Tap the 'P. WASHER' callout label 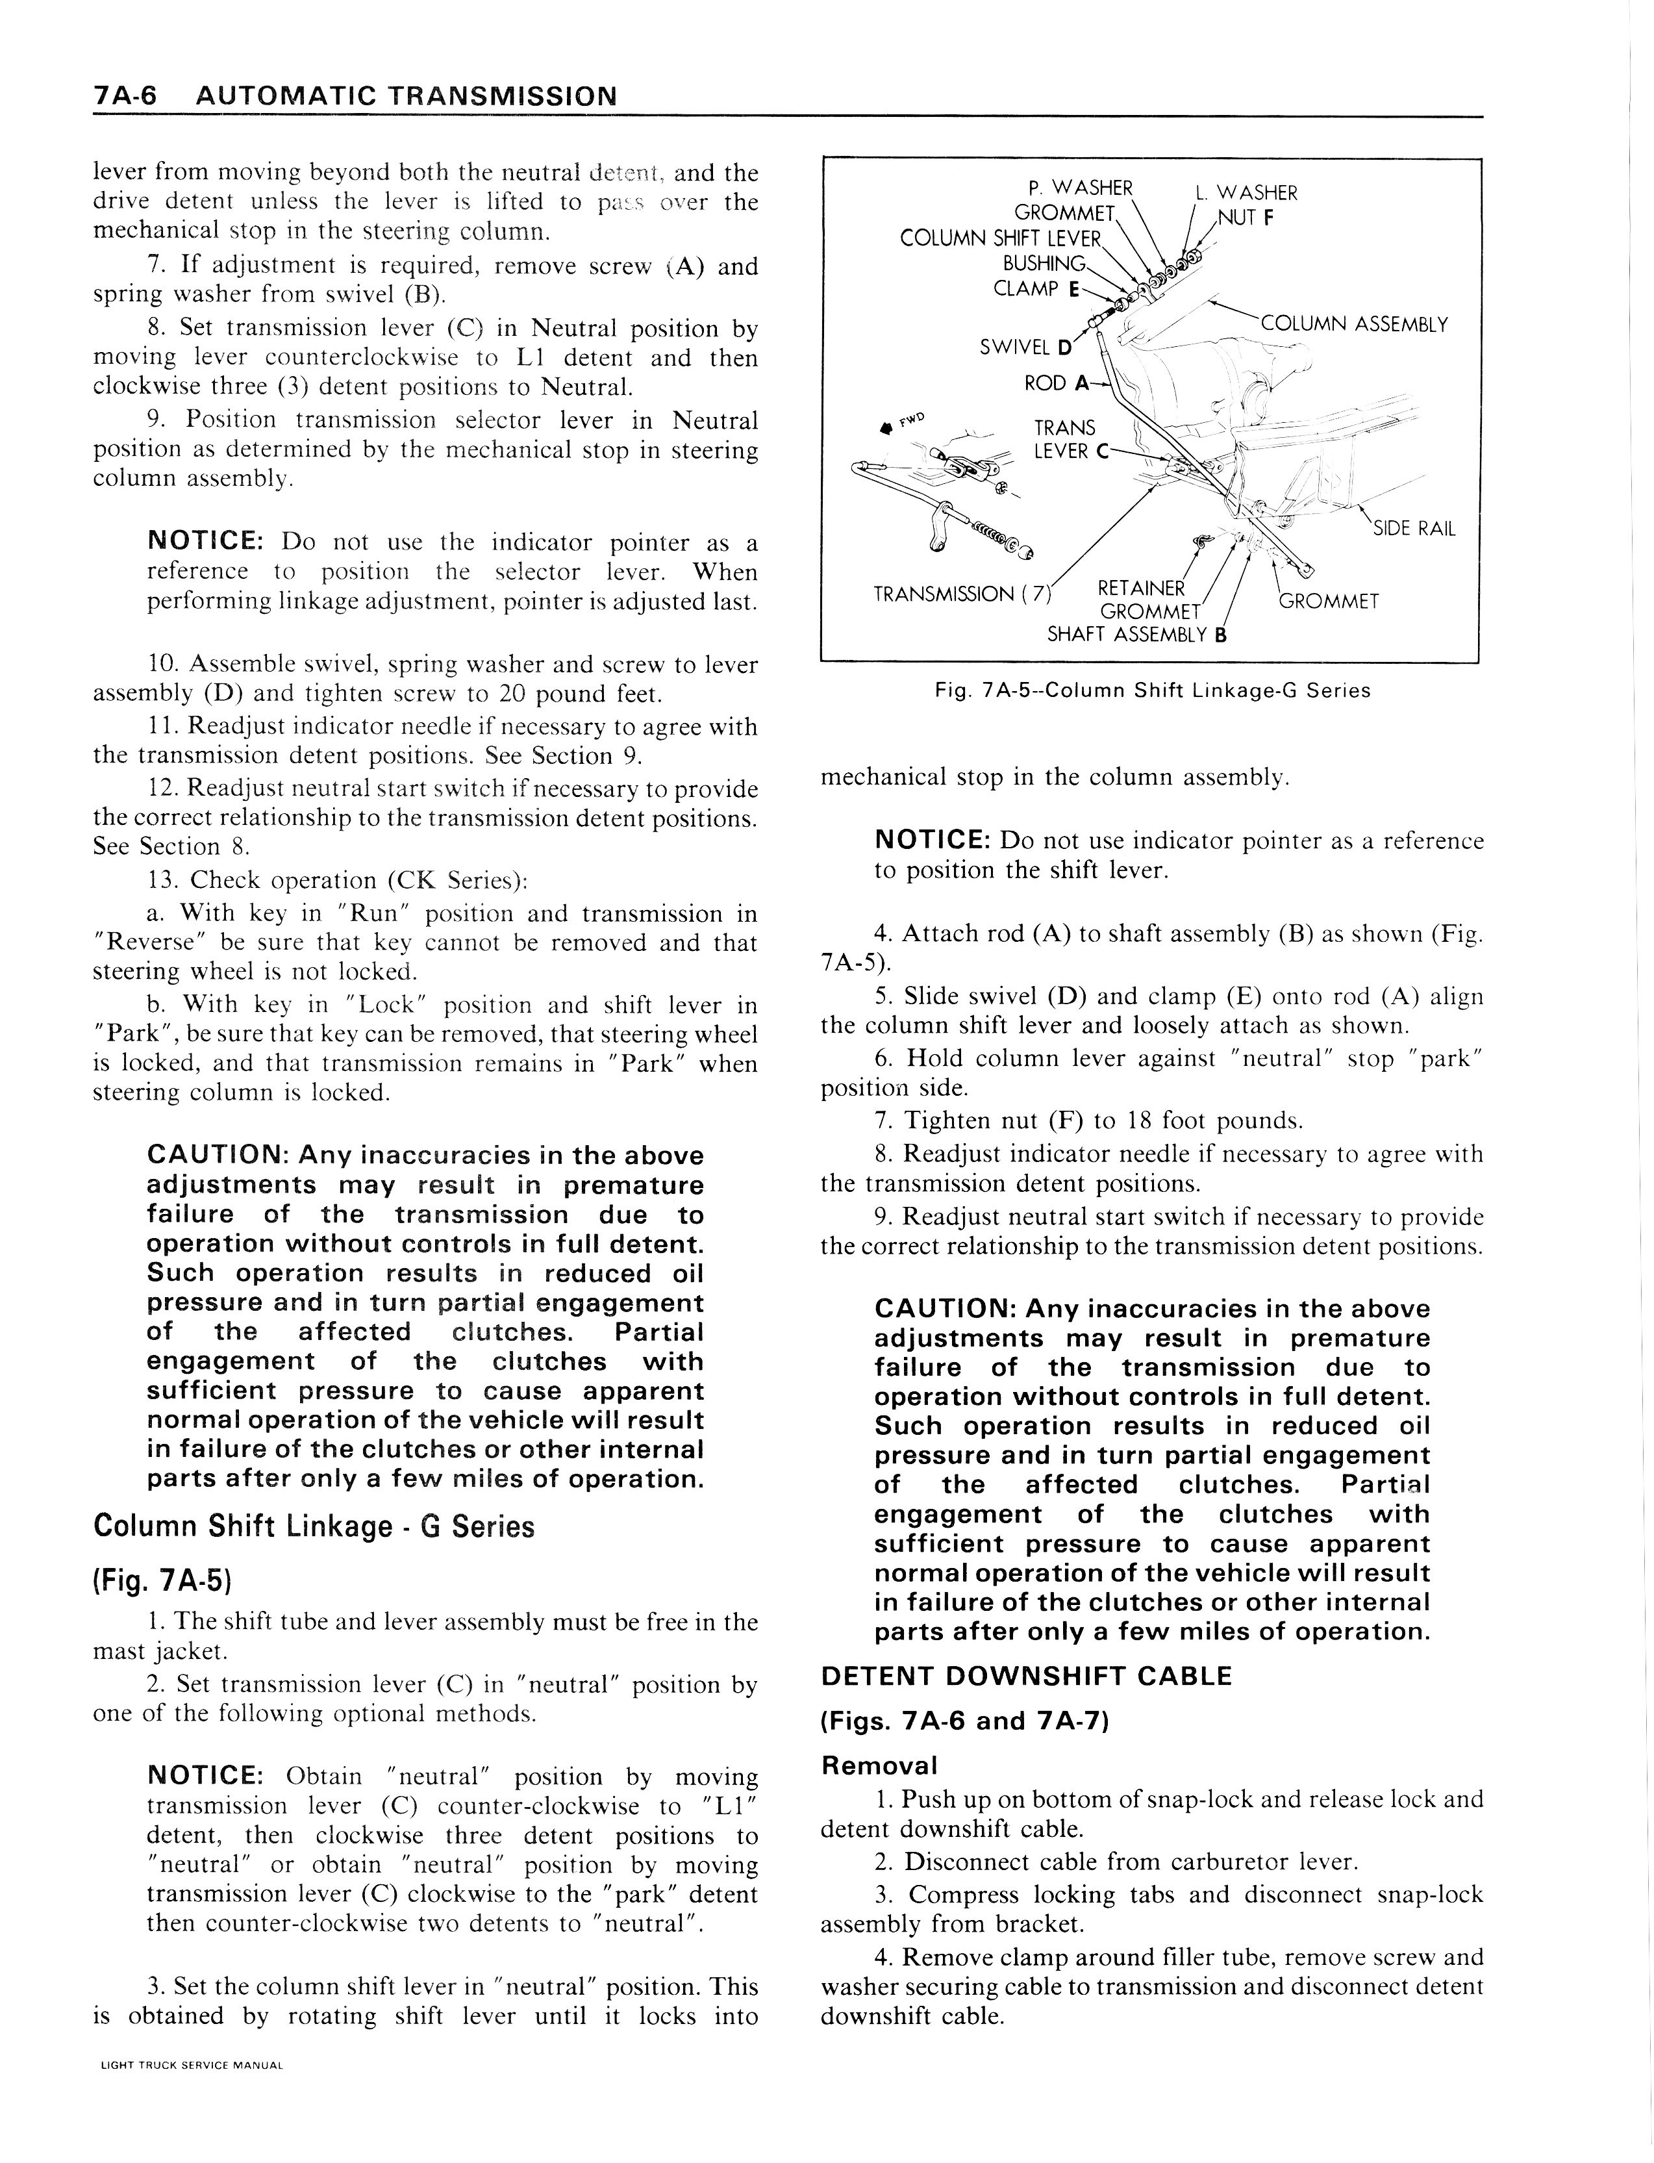1079,187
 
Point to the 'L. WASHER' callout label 1257,193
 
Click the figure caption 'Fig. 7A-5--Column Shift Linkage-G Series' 1152,690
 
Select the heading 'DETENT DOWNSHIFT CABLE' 1026,1676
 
